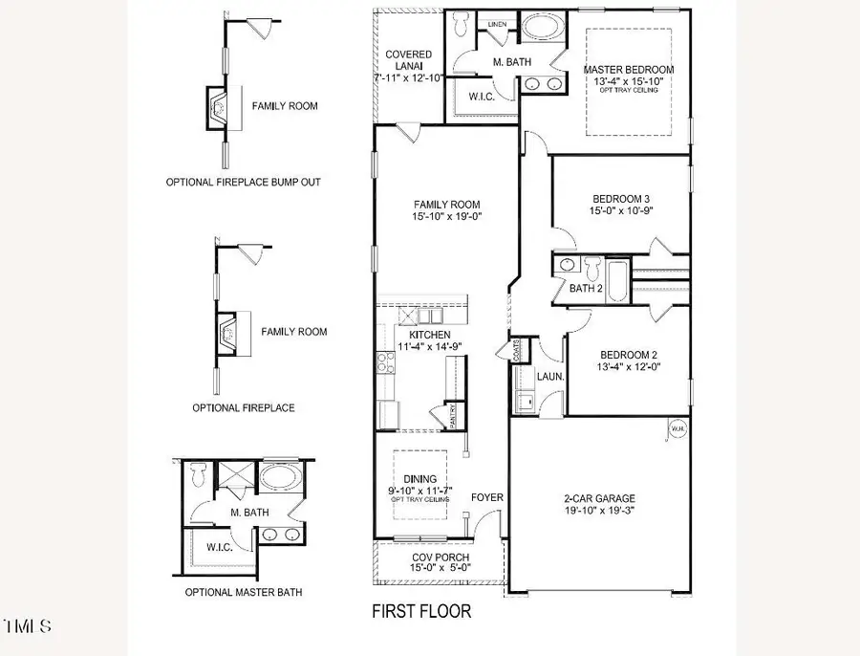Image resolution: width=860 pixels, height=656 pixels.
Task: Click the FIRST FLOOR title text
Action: (421, 610)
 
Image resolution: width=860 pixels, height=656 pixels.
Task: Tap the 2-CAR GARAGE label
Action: (600, 498)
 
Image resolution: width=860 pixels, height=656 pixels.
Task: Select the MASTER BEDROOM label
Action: (629, 70)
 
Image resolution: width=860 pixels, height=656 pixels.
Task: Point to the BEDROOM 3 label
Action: (621, 198)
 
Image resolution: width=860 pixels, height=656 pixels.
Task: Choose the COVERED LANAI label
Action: (408, 55)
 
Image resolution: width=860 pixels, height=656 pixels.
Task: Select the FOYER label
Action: (487, 497)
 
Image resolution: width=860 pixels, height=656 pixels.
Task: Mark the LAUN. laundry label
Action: (549, 378)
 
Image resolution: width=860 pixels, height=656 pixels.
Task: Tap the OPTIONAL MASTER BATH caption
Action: (244, 592)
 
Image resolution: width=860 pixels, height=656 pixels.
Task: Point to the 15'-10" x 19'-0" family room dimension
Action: (446, 217)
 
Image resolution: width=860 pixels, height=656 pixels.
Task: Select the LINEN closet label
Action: (496, 22)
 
